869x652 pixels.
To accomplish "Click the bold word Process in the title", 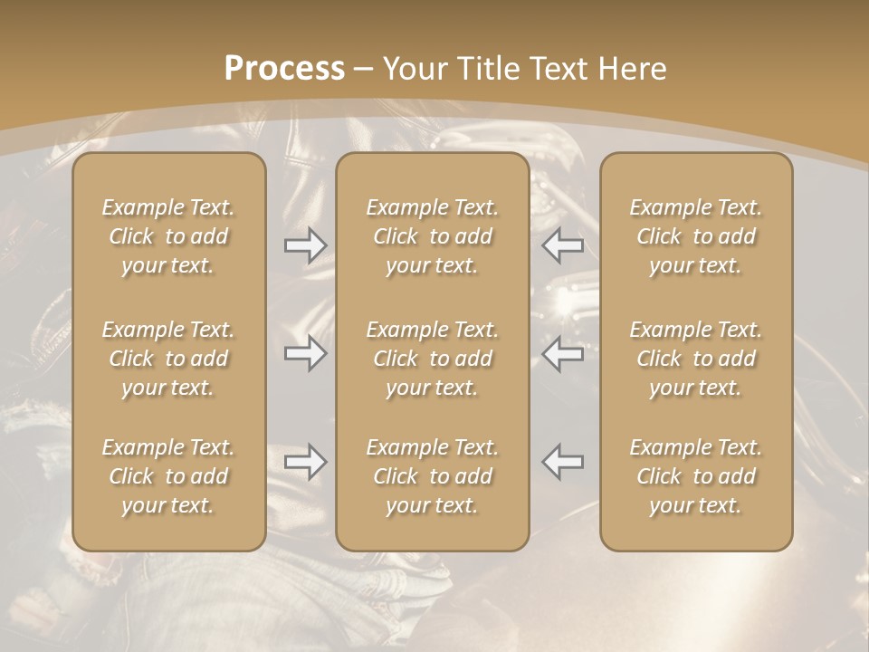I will pos(284,69).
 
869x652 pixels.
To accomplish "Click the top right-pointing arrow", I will pos(305,245).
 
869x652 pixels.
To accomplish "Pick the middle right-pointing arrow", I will pos(305,353).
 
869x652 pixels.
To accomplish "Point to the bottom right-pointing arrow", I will pos(305,462).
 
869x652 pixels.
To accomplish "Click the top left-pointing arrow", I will pos(563,245).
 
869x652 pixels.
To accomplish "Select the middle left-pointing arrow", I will pos(563,353).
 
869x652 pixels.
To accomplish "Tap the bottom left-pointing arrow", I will pos(563,462).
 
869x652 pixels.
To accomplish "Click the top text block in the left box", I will pos(168,236).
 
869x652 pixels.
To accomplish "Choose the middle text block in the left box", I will pos(168,359).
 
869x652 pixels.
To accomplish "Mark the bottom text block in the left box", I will pos(168,476).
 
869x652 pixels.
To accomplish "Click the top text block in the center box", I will pos(433,236).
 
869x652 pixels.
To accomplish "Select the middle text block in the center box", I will pos(433,359).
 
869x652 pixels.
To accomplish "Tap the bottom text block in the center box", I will pos(433,476).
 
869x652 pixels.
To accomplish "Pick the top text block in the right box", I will pos(696,236).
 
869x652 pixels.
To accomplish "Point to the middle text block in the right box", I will pos(696,359).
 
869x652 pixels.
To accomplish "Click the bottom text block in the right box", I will pos(696,476).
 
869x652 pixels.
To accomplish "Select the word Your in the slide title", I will pos(413,69).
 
